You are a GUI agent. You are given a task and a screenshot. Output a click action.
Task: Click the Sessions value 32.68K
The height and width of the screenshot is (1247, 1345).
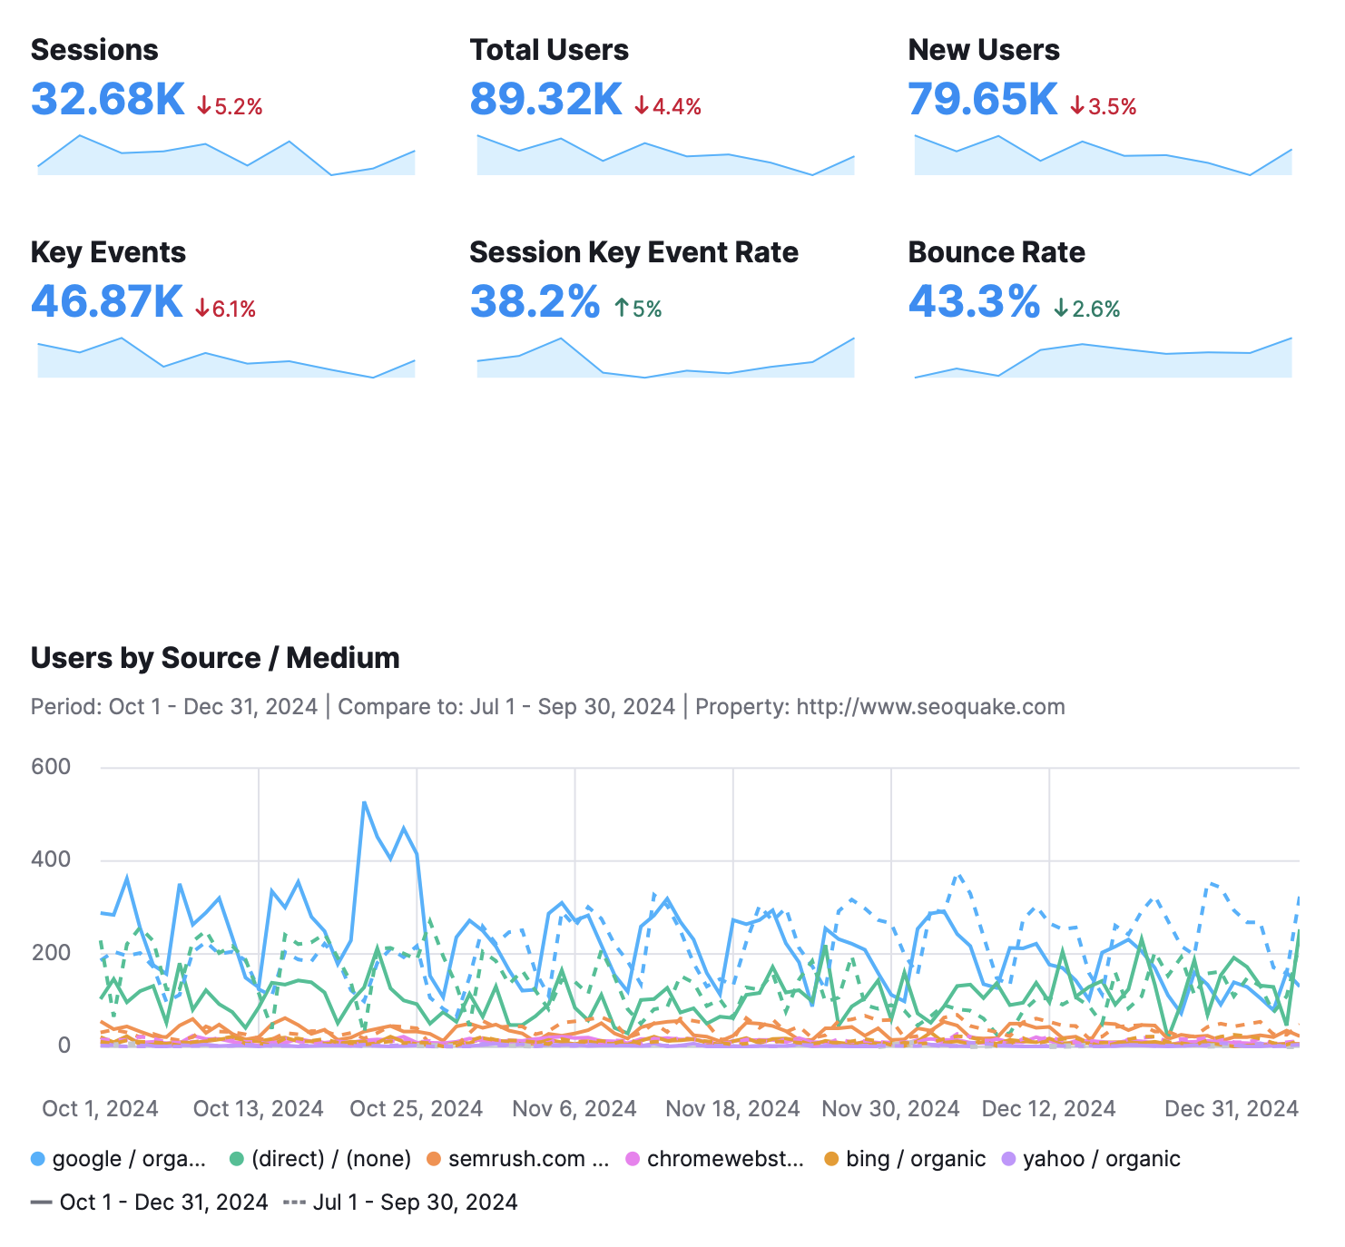107,100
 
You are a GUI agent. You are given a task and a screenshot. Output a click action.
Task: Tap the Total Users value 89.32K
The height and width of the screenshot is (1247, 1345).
545,100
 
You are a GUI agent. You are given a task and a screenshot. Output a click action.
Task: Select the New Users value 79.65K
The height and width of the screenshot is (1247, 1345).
983,100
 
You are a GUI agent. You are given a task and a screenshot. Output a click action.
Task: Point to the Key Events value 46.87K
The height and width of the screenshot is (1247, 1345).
107,302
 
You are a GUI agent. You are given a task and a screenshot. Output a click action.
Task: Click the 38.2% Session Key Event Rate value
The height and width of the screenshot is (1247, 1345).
535,302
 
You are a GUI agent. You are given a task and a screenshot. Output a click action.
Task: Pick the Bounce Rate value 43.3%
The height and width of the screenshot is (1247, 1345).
974,302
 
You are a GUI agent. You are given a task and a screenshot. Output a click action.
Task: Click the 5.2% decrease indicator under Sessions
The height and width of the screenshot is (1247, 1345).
230,107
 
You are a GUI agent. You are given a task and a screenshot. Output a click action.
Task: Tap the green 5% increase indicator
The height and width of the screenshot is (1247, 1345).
638,309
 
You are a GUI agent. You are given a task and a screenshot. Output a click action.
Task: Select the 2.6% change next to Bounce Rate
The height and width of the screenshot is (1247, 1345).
1087,309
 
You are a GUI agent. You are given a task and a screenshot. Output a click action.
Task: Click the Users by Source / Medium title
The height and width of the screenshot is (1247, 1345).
215,658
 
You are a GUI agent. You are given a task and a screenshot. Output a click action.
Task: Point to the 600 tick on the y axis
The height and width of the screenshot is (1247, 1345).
51,767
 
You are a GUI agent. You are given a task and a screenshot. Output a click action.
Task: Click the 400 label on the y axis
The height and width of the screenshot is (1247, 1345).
51,859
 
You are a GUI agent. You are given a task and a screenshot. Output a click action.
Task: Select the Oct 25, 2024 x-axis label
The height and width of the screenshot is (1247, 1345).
416,1108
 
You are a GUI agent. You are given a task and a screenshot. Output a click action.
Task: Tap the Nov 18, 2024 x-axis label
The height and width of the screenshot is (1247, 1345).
732,1108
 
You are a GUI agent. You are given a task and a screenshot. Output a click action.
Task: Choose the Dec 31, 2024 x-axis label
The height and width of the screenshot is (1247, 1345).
1231,1108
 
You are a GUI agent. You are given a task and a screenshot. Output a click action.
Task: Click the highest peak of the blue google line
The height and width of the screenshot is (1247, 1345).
364,802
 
